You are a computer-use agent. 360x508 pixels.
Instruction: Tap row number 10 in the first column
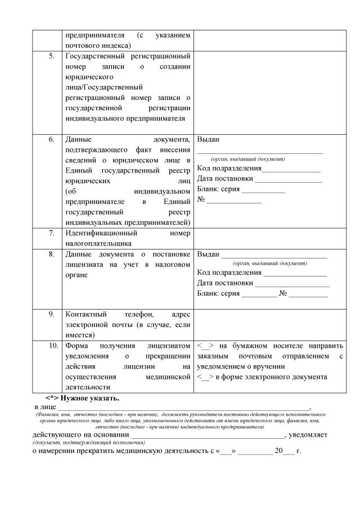coord(51,346)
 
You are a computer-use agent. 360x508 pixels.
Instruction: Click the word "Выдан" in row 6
coord(208,139)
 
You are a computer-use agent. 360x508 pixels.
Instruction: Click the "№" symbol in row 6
coord(201,199)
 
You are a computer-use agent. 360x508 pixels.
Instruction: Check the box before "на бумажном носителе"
coord(204,346)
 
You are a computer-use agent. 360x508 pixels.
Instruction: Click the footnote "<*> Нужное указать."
coord(83,398)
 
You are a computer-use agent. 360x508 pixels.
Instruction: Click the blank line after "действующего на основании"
coord(208,436)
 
